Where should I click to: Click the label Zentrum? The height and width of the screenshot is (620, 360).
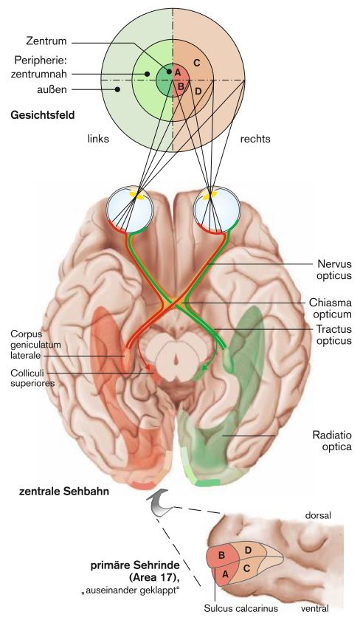tap(46, 41)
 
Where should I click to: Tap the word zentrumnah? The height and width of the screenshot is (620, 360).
tap(38, 74)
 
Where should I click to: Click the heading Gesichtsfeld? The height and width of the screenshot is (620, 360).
tap(43, 115)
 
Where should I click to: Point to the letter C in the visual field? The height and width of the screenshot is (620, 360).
tap(197, 63)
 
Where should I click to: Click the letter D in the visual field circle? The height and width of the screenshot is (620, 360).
tap(198, 92)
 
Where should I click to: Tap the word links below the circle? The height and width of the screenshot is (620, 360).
tap(98, 139)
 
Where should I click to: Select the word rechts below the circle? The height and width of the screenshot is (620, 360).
tap(255, 139)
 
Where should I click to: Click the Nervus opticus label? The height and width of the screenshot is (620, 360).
tap(334, 269)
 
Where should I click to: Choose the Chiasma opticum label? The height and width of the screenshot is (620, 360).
tap(330, 309)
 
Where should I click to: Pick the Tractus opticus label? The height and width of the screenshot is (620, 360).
tap(334, 335)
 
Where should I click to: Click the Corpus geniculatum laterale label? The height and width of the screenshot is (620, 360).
tap(36, 345)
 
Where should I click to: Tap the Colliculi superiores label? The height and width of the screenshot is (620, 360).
tap(32, 378)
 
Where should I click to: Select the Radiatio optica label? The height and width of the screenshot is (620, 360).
tap(332, 441)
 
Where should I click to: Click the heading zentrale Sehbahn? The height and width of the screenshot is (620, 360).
tap(64, 492)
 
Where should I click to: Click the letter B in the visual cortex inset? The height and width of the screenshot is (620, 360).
tap(222, 555)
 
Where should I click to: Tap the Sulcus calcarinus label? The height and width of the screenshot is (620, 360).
tap(241, 608)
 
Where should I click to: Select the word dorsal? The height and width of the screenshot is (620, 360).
tap(318, 516)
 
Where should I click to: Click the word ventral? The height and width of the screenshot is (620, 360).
tap(314, 608)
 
